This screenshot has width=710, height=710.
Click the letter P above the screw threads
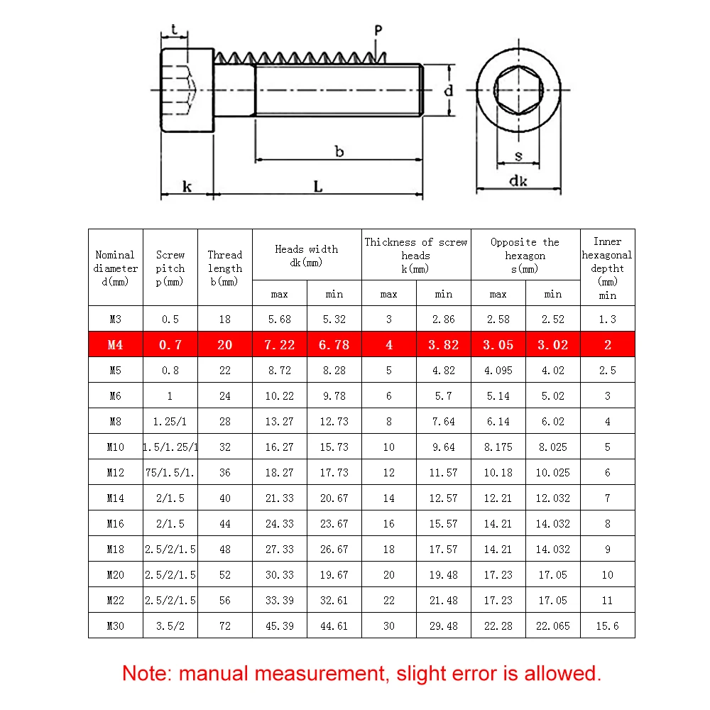pos(378,31)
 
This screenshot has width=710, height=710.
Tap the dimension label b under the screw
pos(339,151)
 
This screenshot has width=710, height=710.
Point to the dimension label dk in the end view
pos(518,180)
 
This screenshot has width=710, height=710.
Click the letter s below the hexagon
pos(518,156)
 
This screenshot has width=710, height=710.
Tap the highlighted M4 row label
pos(115,345)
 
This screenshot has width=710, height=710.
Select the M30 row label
pos(115,626)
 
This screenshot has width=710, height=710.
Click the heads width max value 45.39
pos(279,626)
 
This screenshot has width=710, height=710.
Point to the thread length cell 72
pos(224,626)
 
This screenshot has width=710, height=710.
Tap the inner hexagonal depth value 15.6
pos(607,626)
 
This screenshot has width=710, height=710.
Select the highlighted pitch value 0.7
pos(170,345)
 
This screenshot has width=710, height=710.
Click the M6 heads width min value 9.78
pos(334,395)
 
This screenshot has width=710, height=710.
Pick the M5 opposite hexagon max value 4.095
pos(498,370)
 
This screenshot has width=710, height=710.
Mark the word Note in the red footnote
pos(147,672)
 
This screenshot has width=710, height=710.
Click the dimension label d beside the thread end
pos(448,91)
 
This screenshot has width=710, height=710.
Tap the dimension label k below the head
pos(187,187)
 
